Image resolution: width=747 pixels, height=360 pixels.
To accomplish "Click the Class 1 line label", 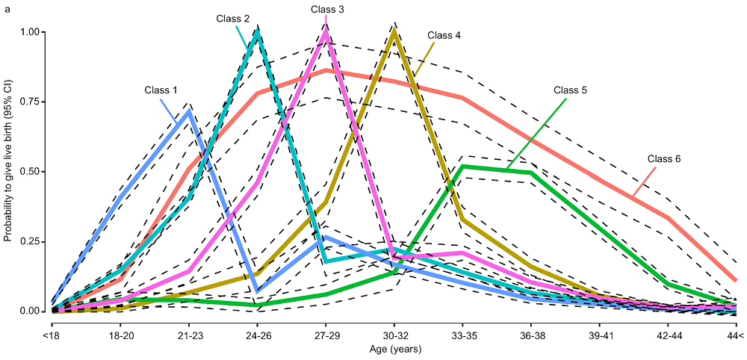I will pyautogui.click(x=161, y=90).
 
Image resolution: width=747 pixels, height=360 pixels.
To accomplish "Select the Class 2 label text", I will pyautogui.click(x=233, y=18).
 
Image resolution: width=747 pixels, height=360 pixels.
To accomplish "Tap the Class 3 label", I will pyautogui.click(x=328, y=9).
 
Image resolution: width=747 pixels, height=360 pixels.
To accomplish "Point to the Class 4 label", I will pyautogui.click(x=444, y=35).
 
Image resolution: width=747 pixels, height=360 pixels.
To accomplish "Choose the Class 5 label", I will pyautogui.click(x=570, y=90).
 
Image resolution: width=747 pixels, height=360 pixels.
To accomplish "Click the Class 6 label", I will pyautogui.click(x=664, y=158).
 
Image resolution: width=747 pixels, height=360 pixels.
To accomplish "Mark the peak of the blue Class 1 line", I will pyautogui.click(x=188, y=111).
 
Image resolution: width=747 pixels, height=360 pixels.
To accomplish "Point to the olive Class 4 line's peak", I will pyautogui.click(x=394, y=31).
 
